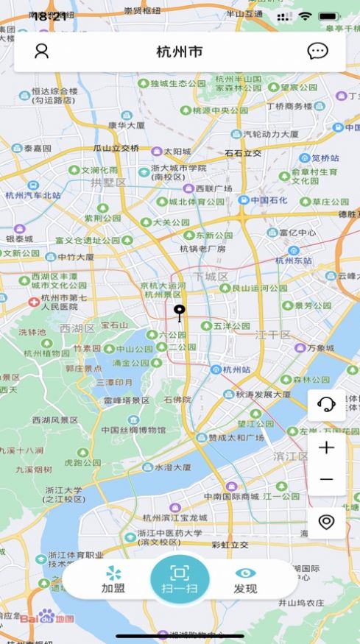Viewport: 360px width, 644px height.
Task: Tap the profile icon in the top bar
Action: click(42, 51)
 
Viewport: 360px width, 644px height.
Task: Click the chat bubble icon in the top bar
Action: click(317, 51)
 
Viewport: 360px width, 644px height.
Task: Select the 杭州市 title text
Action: click(180, 52)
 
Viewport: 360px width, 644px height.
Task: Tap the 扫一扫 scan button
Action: click(180, 580)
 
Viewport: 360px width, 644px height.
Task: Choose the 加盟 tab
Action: click(113, 580)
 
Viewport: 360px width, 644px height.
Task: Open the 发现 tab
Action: click(245, 580)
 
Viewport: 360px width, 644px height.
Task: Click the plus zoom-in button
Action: click(326, 447)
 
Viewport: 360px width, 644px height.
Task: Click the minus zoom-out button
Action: click(326, 480)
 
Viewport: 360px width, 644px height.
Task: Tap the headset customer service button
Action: click(326, 403)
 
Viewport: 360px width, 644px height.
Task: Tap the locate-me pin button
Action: click(326, 522)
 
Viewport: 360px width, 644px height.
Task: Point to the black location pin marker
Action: click(178, 312)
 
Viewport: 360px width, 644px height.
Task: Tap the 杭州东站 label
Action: click(294, 260)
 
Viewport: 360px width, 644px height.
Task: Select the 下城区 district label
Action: click(211, 276)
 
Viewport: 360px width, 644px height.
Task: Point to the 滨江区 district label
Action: click(292, 456)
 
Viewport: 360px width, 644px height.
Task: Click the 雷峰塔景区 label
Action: click(127, 400)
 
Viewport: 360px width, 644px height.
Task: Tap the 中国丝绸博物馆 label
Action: click(132, 430)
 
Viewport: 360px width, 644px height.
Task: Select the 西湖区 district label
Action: click(77, 328)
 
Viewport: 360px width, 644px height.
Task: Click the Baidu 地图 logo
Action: click(47, 617)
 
